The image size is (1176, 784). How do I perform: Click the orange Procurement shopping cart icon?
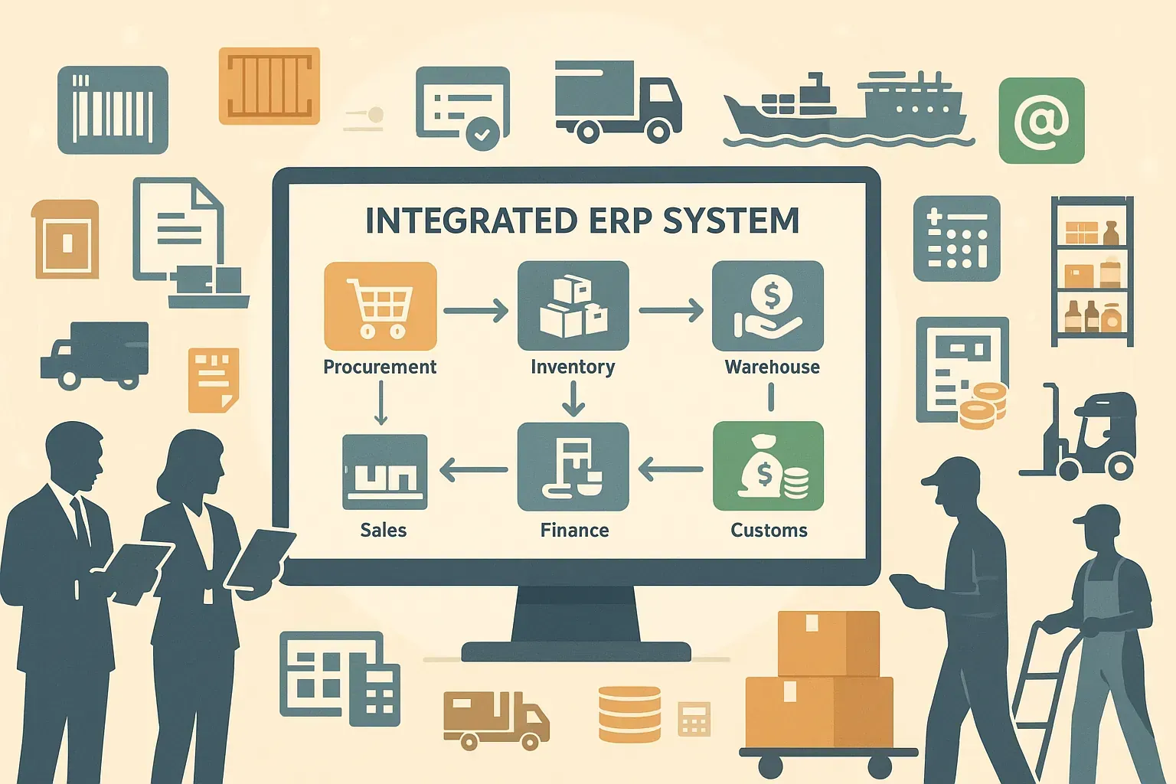(x=380, y=306)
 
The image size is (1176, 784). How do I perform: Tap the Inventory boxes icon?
(x=573, y=306)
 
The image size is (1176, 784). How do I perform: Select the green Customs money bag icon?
(x=768, y=466)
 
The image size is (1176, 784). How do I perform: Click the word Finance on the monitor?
(x=574, y=531)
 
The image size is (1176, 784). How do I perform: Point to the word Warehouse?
(x=772, y=367)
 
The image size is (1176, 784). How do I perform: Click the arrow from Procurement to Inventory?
(x=475, y=310)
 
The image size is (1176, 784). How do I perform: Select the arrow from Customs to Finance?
(x=670, y=469)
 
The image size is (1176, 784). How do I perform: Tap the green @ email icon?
(x=1041, y=121)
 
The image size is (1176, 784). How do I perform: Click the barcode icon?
(x=113, y=110)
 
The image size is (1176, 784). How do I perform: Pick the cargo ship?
(x=846, y=111)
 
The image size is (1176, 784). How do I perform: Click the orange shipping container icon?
(x=269, y=86)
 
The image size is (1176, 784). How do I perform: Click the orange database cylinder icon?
(x=629, y=714)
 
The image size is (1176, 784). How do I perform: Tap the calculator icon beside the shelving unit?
(x=956, y=238)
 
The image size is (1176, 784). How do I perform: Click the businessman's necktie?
(x=80, y=521)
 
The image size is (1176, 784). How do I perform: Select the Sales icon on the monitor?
(x=384, y=472)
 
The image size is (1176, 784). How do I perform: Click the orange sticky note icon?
(x=214, y=380)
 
